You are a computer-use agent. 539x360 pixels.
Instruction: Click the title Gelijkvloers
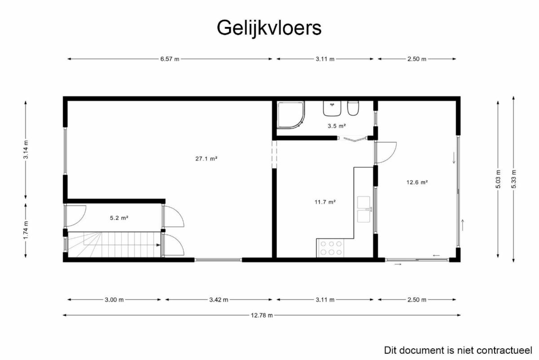269,28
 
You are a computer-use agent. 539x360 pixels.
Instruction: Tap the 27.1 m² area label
207,159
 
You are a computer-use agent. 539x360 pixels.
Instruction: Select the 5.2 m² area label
119,218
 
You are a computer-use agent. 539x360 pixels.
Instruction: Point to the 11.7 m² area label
325,202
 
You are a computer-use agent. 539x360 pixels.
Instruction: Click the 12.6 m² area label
417,182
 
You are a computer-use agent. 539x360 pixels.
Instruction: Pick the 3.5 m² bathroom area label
337,126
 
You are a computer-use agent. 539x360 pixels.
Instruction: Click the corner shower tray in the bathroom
291,114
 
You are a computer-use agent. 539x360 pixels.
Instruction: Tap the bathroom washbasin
332,108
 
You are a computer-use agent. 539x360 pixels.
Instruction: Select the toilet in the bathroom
353,108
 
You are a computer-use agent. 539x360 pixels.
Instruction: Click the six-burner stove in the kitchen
331,248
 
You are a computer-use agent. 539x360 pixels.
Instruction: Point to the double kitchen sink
364,209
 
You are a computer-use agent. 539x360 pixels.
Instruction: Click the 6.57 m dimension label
170,59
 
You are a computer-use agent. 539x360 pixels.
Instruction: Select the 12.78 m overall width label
262,315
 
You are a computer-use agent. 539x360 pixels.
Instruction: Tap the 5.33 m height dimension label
514,179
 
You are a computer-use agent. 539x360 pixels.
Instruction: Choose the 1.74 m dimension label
26,230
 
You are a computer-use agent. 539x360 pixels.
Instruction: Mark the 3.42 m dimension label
219,300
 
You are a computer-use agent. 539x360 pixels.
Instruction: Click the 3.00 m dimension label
114,300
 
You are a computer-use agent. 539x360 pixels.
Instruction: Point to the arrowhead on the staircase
158,245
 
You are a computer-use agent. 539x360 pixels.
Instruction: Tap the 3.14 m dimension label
26,150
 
